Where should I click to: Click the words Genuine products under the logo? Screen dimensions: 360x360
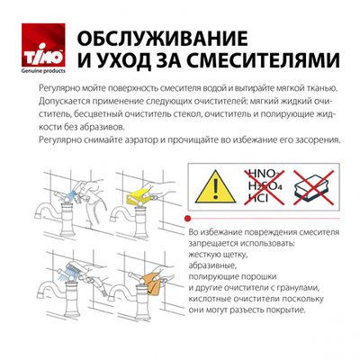(x=32, y=70)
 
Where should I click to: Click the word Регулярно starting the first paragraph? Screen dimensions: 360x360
(x=58, y=91)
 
